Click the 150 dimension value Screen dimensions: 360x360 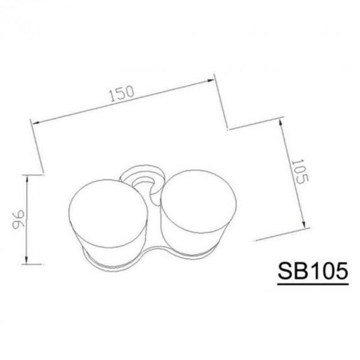pos(122,94)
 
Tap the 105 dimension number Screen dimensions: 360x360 pos(300,171)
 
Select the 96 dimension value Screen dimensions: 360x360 pos(18,219)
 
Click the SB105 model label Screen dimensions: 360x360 pos(313,271)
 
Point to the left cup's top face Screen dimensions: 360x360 pos(108,214)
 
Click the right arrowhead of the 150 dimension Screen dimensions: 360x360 pos(211,80)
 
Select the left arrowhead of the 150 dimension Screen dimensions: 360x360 pos(35,123)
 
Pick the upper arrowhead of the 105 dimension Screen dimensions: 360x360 pos(281,122)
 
